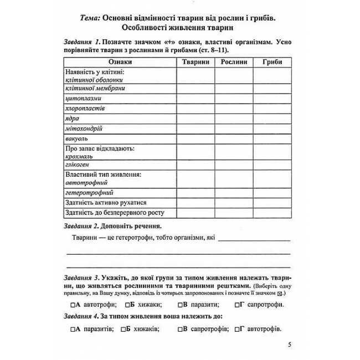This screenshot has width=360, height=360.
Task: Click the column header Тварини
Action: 196,62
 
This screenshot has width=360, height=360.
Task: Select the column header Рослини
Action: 234,62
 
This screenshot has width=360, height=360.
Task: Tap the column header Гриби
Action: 272,62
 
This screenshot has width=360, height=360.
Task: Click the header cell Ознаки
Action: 120,62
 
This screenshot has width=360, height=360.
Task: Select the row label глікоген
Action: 78,164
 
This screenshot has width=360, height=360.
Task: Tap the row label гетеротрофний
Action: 89,193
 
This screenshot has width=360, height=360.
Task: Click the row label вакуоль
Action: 77,138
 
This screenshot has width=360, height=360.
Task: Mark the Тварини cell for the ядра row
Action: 196,119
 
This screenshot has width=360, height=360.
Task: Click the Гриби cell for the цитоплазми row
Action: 272,98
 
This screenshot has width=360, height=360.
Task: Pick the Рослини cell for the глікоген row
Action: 234,164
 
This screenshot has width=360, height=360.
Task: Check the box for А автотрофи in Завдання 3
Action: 73,305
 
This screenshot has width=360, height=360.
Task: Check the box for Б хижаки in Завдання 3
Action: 127,305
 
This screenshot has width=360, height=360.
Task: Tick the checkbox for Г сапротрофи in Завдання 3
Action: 236,305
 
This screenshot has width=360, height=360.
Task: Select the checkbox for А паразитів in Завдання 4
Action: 73,329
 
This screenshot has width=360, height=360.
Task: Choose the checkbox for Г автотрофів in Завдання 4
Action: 236,329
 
